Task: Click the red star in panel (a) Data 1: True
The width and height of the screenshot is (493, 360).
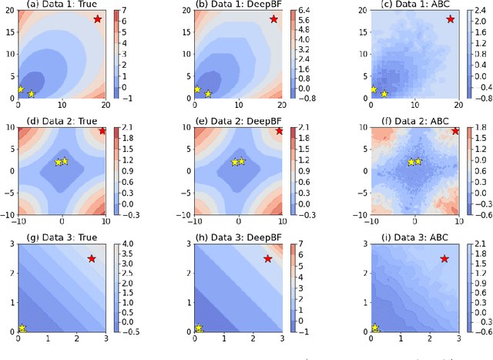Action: [97, 19]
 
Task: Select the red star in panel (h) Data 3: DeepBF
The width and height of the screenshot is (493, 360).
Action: [268, 258]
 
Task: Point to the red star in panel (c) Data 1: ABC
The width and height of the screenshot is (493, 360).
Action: [450, 19]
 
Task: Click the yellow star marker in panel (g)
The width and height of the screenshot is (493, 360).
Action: [22, 328]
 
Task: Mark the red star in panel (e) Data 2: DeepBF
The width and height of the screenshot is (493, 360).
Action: [279, 132]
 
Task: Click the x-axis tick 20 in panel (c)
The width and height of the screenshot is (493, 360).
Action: [458, 106]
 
